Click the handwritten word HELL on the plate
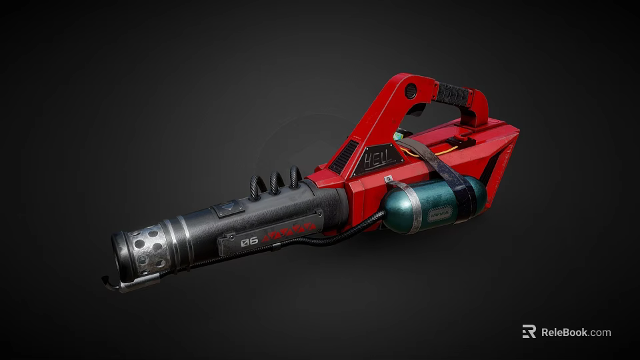pos(378,159)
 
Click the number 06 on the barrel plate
pos(249,241)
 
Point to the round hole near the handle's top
pos(411,91)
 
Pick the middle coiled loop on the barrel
pos(275,183)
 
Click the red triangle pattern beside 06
pos(288,232)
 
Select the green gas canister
pos(427,205)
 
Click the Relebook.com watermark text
pos(575,332)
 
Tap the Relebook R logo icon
pos(529,332)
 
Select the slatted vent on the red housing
pos(343,157)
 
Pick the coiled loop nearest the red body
pos(294,177)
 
